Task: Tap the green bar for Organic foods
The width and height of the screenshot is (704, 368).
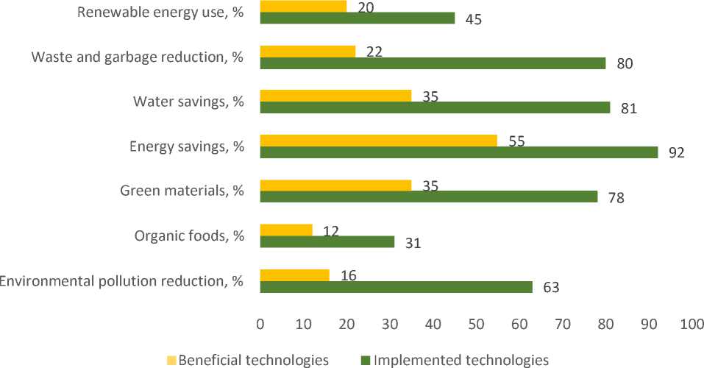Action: pos(327,241)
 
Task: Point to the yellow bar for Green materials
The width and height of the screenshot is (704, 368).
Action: pos(335,185)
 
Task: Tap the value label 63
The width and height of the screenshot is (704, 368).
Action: pos(551,287)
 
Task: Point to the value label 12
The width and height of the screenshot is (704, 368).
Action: pos(332,232)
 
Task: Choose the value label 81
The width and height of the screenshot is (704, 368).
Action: pos(629,109)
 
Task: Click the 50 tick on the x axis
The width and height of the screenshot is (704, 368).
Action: pos(476,324)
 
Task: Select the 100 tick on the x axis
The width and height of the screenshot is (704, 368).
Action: pos(691,324)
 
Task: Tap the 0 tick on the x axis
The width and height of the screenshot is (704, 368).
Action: pos(260,324)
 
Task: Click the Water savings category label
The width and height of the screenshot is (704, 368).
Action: pos(188,102)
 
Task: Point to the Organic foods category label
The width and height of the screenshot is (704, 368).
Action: pos(189,236)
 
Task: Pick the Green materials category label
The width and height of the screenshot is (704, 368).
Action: pos(182,191)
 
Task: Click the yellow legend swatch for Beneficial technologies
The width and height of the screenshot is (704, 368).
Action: pos(172,360)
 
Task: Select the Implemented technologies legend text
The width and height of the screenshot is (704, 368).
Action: pos(461,360)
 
